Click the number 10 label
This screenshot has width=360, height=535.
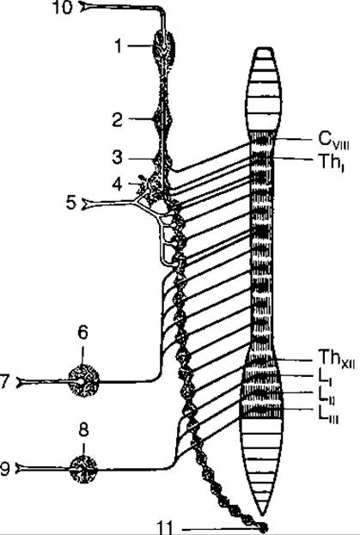click(64, 8)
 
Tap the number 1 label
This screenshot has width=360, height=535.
click(118, 46)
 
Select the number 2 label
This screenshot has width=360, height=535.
click(118, 119)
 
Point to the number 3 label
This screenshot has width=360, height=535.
click(118, 158)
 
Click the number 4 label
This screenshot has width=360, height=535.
click(118, 185)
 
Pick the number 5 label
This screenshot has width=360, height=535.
click(71, 204)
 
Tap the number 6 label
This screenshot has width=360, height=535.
click(83, 332)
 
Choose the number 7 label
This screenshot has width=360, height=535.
click(4, 382)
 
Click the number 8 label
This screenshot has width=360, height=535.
click(84, 430)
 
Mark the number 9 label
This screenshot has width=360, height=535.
click(5, 469)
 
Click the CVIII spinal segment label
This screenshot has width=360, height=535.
click(333, 140)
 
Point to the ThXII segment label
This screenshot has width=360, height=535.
click(337, 359)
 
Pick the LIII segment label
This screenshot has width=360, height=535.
click(328, 415)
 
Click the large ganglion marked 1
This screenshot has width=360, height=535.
click(164, 48)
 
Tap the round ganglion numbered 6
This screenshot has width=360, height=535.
click(83, 379)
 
